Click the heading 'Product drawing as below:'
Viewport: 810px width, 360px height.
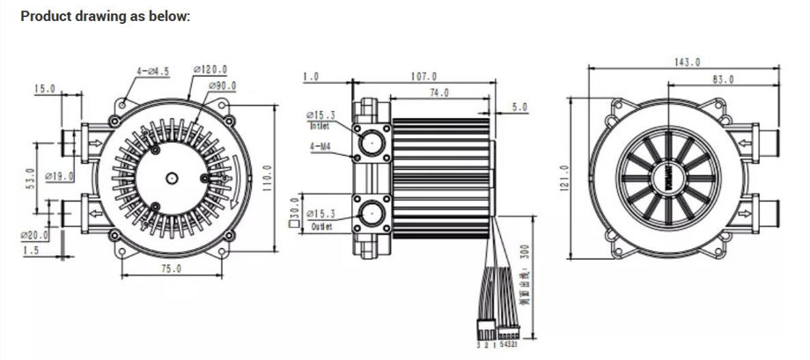pyautogui.click(x=105, y=17)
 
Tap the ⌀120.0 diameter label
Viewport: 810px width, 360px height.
pyautogui.click(x=213, y=70)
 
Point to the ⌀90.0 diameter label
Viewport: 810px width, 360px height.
pyautogui.click(x=223, y=85)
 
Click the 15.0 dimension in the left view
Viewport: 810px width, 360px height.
pyautogui.click(x=44, y=89)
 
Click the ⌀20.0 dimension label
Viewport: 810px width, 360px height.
pyautogui.click(x=34, y=235)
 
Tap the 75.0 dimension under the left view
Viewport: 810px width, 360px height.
pyautogui.click(x=170, y=268)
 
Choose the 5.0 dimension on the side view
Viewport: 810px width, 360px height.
pyautogui.click(x=519, y=107)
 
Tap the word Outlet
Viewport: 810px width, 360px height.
pyautogui.click(x=322, y=227)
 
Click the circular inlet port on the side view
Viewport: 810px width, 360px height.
pyautogui.click(x=371, y=139)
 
